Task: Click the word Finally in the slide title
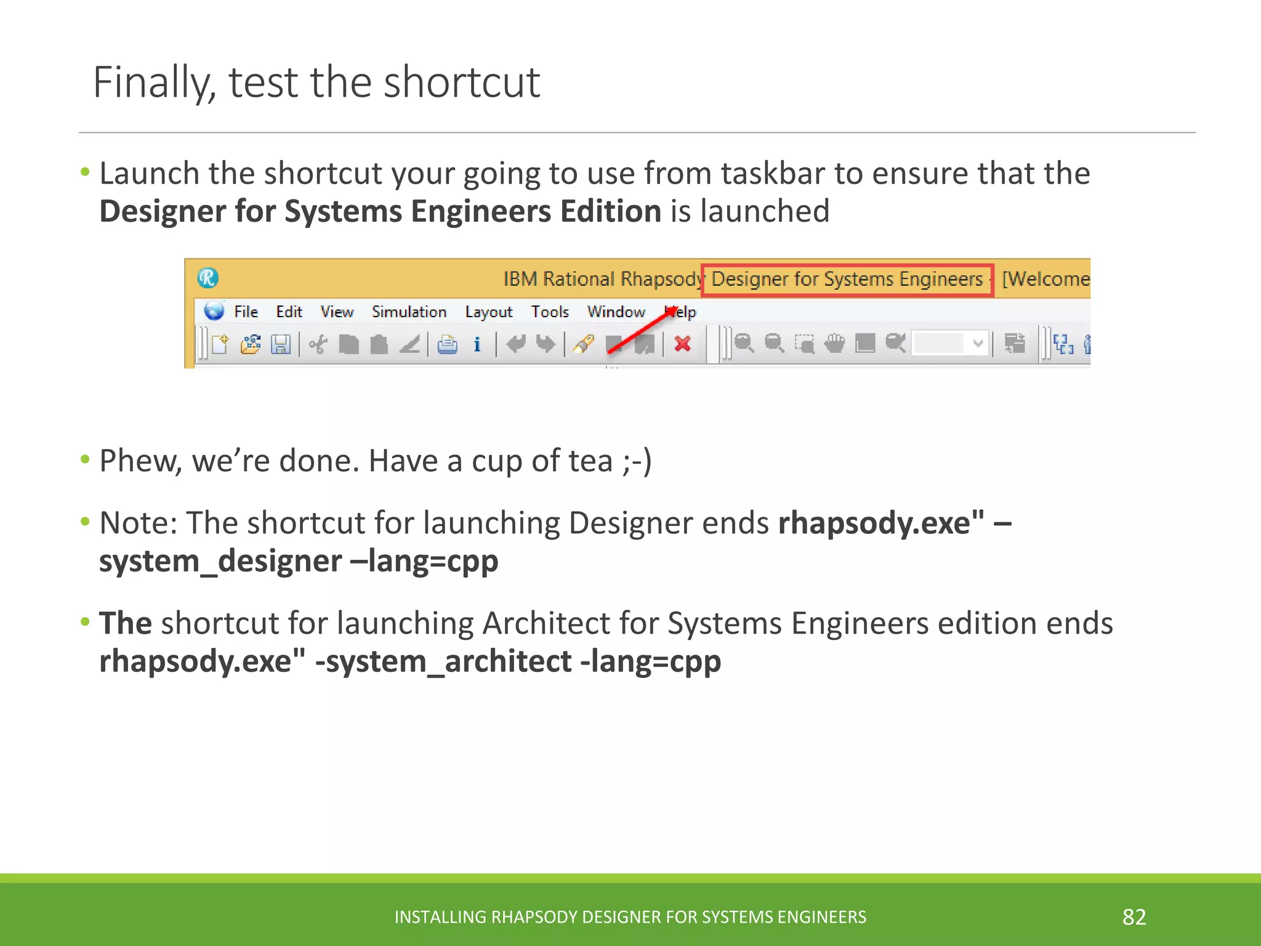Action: (153, 83)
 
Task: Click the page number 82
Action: (1134, 917)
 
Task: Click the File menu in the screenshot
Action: (245, 312)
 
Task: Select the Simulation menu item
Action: (409, 312)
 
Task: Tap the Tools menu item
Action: (549, 312)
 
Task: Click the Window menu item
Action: (616, 312)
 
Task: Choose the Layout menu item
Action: (488, 312)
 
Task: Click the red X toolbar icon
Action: (682, 344)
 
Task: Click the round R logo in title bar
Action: (208, 278)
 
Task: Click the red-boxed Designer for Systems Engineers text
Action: (847, 280)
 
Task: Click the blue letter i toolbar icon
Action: (477, 344)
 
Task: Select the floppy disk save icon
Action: (281, 344)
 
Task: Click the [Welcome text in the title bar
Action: (1045, 280)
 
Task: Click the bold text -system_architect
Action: (443, 661)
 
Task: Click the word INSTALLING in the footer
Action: (440, 917)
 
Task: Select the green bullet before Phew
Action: (85, 459)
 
